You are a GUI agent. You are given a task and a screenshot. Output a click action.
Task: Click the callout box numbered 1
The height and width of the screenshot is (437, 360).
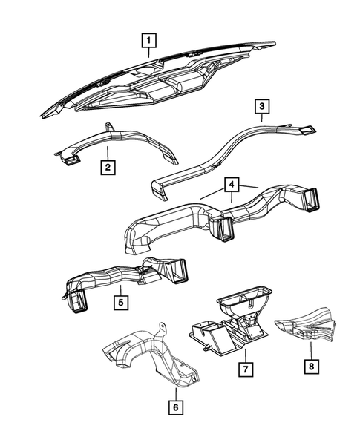[150, 39]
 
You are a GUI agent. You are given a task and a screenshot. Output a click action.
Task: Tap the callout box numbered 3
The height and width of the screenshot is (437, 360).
[262, 107]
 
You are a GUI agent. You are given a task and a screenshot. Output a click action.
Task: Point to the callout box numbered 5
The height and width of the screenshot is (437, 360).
[119, 302]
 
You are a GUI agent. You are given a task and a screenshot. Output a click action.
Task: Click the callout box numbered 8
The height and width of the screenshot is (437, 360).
[312, 365]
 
